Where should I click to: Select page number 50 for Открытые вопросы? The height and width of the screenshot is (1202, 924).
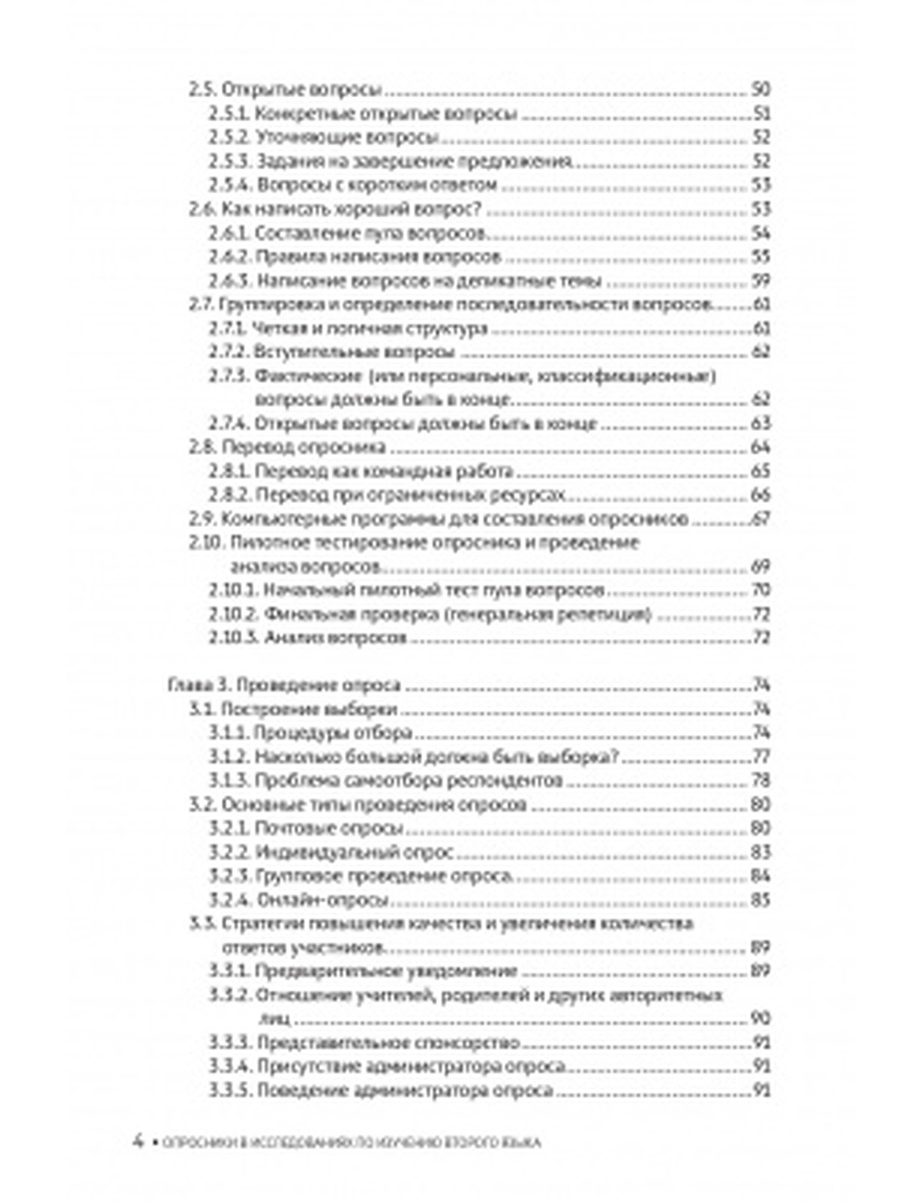tap(760, 91)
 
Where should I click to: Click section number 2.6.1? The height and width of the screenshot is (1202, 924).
tap(227, 233)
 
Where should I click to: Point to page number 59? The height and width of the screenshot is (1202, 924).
tap(760, 281)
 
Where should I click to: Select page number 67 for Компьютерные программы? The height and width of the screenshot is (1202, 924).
tap(760, 520)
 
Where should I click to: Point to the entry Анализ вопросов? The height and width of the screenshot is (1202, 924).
tap(335, 638)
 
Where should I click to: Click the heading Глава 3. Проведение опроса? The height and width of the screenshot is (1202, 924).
tap(284, 686)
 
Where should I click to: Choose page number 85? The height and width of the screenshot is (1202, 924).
tap(760, 901)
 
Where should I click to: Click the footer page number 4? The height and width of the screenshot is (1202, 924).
tap(138, 1141)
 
